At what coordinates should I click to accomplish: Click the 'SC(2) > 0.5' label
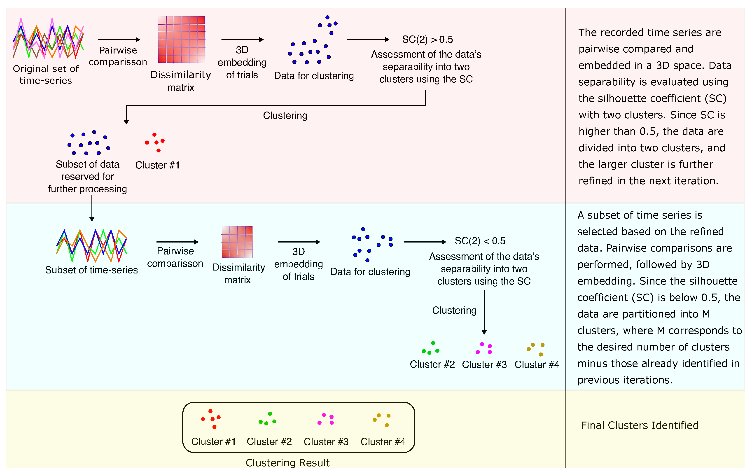pos(427,39)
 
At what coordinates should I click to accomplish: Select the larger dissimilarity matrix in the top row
pos(181,39)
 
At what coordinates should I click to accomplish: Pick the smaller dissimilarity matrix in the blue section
pos(237,242)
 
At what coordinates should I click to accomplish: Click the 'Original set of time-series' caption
pos(46,74)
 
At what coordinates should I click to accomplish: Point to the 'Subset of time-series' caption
pos(91,270)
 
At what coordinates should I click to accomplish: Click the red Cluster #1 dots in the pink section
pos(155,142)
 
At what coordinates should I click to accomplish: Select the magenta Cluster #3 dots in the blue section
pos(484,348)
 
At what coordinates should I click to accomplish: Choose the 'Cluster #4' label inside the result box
pos(383,442)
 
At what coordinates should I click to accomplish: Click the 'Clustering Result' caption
pos(287,463)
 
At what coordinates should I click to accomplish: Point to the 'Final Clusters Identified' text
pos(640,425)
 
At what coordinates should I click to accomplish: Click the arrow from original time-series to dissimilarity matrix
pos(119,40)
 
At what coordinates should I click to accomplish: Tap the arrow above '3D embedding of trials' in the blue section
pos(299,242)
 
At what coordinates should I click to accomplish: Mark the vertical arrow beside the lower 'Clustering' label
pos(484,312)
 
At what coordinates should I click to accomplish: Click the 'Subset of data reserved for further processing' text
pos(87,177)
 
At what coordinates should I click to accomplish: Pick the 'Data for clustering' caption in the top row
pos(314,76)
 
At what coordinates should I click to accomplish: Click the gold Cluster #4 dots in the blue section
pos(536,349)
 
